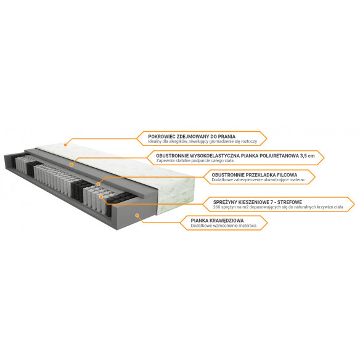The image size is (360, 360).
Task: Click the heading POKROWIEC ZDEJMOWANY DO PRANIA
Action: [192, 137]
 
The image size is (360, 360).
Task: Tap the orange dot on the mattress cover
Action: [65, 145]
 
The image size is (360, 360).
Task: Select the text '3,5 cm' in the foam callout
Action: [307, 156]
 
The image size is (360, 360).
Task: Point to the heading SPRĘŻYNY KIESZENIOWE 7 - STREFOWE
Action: [258, 202]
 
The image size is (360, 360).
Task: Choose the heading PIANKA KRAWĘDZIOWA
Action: [217, 221]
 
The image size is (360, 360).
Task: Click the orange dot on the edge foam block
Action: [137, 215]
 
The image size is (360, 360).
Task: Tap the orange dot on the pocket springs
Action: [101, 197]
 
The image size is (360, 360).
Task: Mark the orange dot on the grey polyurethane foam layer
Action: [72, 165]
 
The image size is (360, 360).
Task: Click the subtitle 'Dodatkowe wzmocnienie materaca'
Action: [223, 226]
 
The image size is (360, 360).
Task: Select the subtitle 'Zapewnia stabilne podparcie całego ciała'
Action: [195, 161]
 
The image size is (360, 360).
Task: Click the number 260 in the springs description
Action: [216, 207]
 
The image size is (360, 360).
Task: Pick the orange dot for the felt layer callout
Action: [99, 184]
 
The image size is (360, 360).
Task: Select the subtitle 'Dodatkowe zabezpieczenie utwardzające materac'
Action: [258, 180]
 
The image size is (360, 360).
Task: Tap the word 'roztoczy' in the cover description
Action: [249, 142]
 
